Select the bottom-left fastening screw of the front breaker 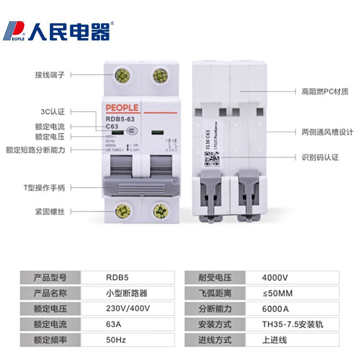tap(122, 211)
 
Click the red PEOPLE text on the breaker tap(122, 108)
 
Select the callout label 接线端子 tap(50, 75)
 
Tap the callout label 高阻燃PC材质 tap(325, 91)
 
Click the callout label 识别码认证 tap(320, 157)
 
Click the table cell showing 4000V tap(275, 278)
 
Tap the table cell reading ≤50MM tap(277, 294)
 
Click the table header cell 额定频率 tap(50, 340)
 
